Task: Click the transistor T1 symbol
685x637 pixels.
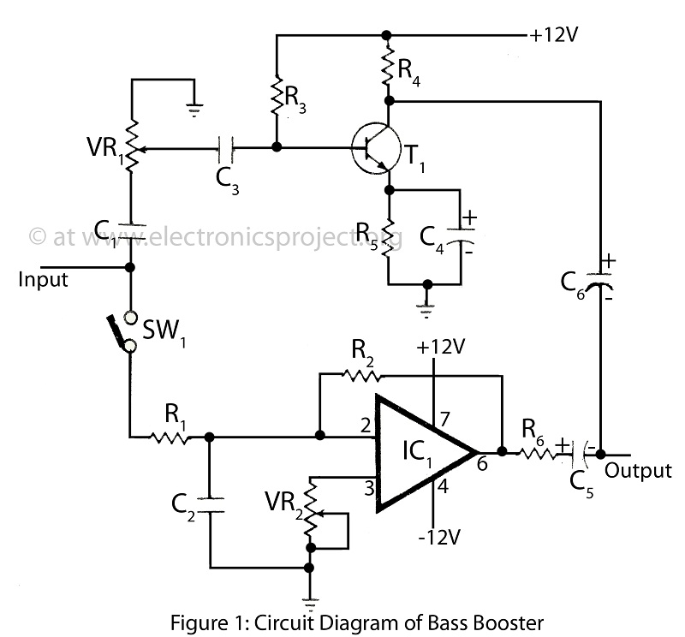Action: pyautogui.click(x=376, y=148)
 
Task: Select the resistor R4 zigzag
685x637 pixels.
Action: pyautogui.click(x=387, y=66)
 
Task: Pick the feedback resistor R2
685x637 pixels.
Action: pyautogui.click(x=361, y=375)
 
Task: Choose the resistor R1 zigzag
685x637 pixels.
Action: pyautogui.click(x=169, y=437)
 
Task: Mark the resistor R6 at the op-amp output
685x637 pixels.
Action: pyautogui.click(x=538, y=455)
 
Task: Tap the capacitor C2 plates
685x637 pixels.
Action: pyautogui.click(x=210, y=504)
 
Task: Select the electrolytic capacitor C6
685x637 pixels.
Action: pyautogui.click(x=600, y=281)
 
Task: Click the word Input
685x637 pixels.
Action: pyautogui.click(x=43, y=280)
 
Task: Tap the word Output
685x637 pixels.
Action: pyautogui.click(x=638, y=471)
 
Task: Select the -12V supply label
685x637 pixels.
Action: pyautogui.click(x=439, y=537)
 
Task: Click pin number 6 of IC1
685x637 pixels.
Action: pyautogui.click(x=482, y=463)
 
